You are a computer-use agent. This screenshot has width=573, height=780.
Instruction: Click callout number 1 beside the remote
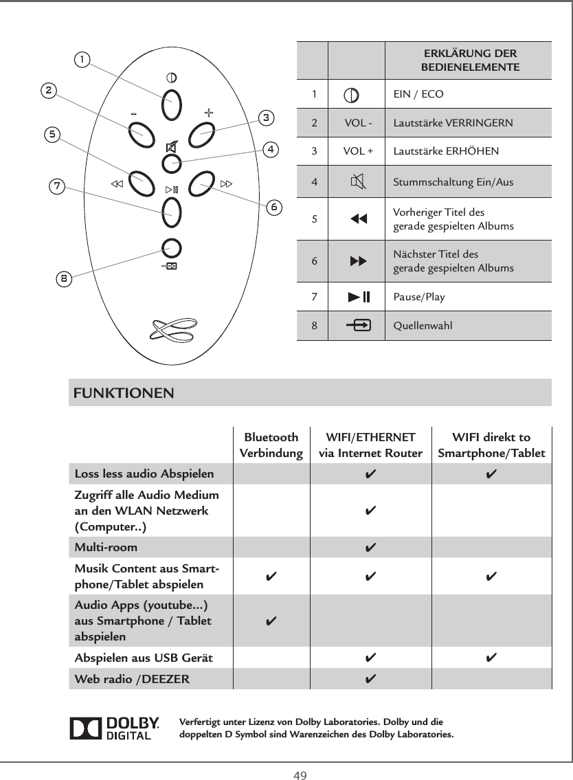pos(82,60)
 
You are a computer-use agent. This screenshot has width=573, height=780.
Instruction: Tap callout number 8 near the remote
pos(63,278)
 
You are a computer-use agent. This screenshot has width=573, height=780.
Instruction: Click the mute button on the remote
pos(172,163)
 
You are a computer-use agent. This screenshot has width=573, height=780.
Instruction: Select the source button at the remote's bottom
pos(172,249)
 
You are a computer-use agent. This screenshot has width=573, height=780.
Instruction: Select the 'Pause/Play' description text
pos(418,298)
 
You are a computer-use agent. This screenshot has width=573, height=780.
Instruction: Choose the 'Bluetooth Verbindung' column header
pos(271,445)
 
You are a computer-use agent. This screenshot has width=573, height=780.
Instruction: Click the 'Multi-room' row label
pos(106,548)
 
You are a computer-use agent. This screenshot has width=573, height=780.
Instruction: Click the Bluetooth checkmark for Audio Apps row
pos(271,621)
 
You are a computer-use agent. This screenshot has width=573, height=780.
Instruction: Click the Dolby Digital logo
pos(115,729)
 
